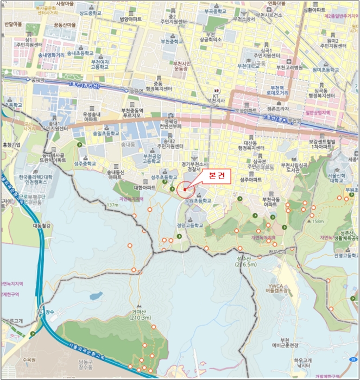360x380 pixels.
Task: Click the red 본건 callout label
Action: [216, 176]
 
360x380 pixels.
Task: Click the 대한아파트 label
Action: [144, 188]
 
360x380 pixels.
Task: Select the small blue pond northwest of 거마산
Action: [96, 296]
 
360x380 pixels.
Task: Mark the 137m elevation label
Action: [113, 205]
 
